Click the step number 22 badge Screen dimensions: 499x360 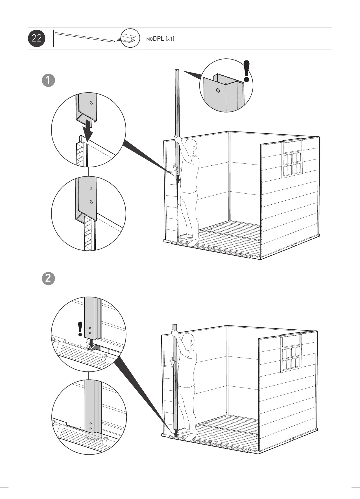pos(37,38)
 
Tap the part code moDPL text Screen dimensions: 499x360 pos(155,39)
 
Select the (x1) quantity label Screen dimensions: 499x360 pos(170,39)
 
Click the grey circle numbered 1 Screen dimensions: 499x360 pos(48,80)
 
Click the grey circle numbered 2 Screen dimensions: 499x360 pos(48,279)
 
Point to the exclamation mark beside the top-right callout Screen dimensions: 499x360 pos(247,71)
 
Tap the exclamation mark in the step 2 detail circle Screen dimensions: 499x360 pos(80,329)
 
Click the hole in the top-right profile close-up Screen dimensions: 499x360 pos(217,90)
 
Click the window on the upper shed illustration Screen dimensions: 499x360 pos(292,159)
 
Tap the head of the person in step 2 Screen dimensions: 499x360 pos(189,340)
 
